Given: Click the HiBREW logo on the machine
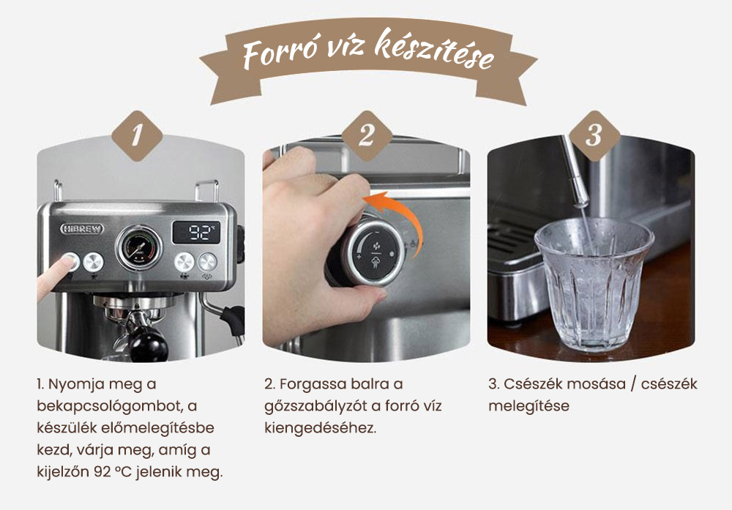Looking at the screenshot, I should tap(81, 228).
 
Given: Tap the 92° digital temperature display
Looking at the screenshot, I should tap(195, 233).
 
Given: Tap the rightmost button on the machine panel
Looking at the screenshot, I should tap(209, 262).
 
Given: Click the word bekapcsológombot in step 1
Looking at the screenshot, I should tap(107, 405).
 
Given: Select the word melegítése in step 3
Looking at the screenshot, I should tap(529, 405).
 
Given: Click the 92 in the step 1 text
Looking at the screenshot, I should tap(102, 471).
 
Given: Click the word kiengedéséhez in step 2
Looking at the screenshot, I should tap(320, 427).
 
